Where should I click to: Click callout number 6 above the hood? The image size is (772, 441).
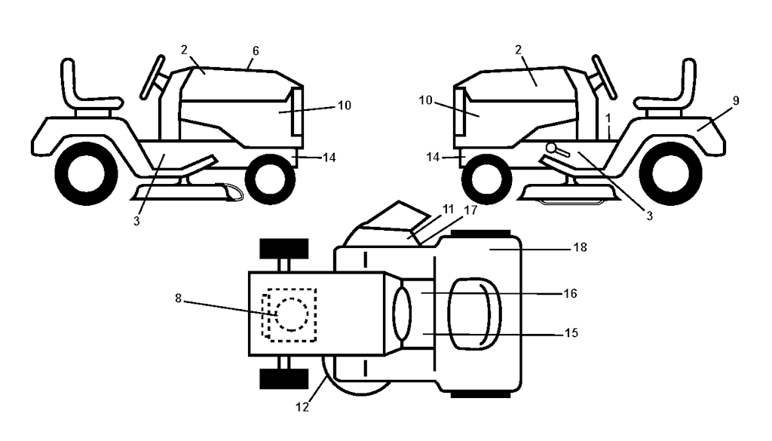pos(256,51)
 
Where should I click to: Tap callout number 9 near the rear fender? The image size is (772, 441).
pos(736,101)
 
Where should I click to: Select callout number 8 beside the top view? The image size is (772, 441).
pos(178,299)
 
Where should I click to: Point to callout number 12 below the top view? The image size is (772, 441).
pos(302,407)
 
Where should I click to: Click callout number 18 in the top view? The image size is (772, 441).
pos(581,247)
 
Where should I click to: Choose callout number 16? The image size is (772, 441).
pos(570,293)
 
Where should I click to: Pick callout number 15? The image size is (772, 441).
pos(571,333)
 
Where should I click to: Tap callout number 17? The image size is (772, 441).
pos(470,210)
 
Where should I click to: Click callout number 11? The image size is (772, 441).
pos(448,209)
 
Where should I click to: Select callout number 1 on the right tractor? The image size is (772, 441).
pos(608,118)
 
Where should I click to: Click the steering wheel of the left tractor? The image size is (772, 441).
pos(152,77)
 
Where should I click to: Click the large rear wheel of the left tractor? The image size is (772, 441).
pos(86,173)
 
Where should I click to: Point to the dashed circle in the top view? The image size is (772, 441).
pos(292,314)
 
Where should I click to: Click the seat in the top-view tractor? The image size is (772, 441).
pos(475,314)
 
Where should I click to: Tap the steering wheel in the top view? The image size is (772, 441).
pos(402,314)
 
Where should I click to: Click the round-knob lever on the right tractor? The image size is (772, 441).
pos(557,149)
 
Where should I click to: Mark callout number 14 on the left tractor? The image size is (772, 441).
pos(329,158)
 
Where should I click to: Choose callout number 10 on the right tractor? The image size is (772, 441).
pos(425,100)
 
